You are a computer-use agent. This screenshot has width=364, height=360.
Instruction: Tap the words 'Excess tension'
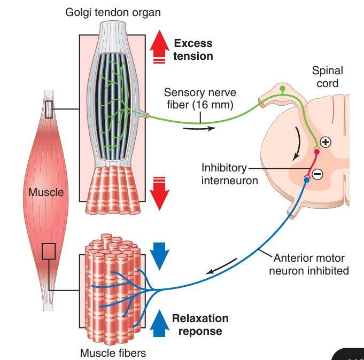(193, 50)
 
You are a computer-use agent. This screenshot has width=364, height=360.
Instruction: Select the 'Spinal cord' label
(327, 77)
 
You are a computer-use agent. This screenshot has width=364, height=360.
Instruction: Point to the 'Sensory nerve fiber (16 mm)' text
(200, 99)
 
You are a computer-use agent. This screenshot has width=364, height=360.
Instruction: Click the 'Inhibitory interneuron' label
(229, 174)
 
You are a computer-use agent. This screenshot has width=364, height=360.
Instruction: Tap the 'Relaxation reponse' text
(200, 325)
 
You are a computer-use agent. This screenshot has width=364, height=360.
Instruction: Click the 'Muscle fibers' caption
(112, 353)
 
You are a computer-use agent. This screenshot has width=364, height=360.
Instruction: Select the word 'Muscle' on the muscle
(47, 192)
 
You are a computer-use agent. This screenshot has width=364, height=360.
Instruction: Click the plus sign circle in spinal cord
(326, 142)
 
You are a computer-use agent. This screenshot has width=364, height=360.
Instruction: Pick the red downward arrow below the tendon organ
(159, 193)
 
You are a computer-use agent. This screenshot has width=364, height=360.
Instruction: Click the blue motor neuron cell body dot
(306, 181)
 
